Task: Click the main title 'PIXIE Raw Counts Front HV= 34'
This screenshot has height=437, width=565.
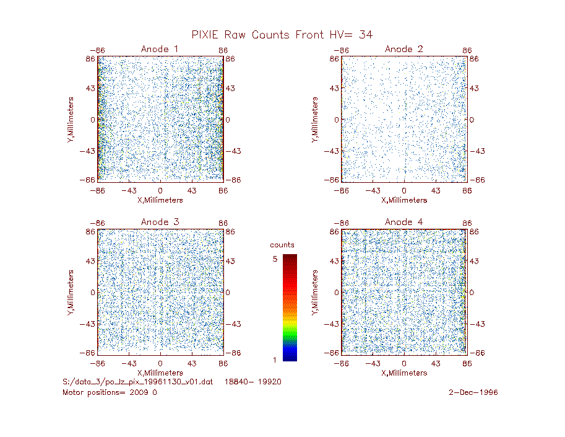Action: (x=282, y=35)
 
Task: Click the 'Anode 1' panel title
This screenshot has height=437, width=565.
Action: (x=160, y=49)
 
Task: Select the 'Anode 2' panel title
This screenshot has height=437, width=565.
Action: (x=403, y=49)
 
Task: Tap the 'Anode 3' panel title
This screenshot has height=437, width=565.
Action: (x=160, y=222)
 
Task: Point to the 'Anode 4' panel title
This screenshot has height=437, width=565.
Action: (x=403, y=222)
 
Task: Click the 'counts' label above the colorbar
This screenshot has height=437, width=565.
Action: (x=282, y=245)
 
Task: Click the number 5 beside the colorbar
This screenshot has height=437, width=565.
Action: (x=275, y=258)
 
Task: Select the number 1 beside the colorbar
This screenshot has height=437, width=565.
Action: (x=275, y=360)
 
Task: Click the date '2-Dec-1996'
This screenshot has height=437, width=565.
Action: (x=473, y=392)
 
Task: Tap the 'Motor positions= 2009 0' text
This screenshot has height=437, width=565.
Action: (x=110, y=392)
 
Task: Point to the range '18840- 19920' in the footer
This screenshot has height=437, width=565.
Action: (x=252, y=382)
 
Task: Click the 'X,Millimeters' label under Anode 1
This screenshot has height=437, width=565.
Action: (x=160, y=200)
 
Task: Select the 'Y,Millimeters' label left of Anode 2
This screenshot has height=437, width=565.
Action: (x=315, y=120)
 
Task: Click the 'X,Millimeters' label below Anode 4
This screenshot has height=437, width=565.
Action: (x=404, y=373)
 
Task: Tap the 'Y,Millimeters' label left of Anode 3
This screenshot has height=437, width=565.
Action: (x=71, y=293)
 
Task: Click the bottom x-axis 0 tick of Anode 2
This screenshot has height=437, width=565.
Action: (x=404, y=190)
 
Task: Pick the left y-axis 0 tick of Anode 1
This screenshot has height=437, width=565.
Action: (x=93, y=120)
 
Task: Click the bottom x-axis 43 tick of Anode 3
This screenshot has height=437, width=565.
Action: (x=191, y=363)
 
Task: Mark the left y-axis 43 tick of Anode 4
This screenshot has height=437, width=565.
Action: (x=334, y=261)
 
